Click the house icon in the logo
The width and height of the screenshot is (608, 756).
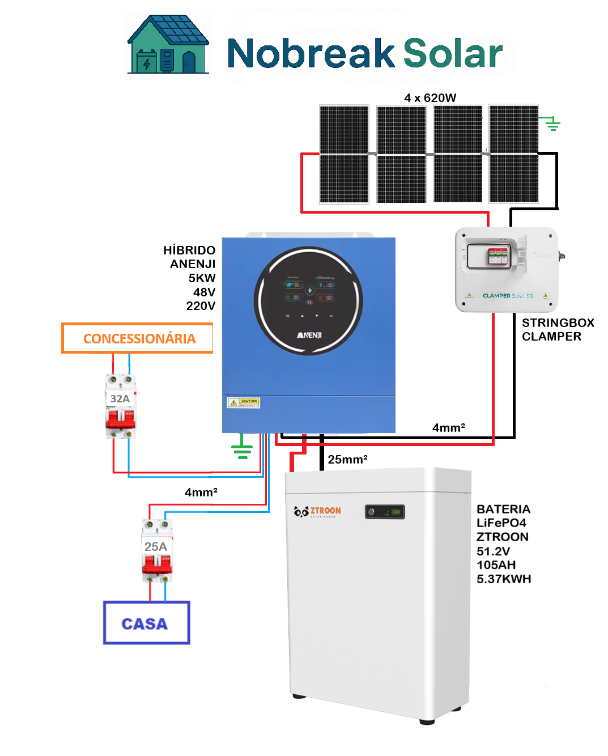pos(168,45)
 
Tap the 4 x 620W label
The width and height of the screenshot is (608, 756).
pos(430,97)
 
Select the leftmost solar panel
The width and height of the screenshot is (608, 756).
pos(344,154)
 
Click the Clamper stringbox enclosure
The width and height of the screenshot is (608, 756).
pos(507,269)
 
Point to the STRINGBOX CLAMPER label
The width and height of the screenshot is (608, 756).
pos(557,329)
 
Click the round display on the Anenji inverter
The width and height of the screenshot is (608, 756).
pos(308,300)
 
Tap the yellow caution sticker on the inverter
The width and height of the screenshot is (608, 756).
pos(244,402)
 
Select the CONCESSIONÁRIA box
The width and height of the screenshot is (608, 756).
pos(137,338)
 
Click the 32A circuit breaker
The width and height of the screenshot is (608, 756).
pos(121,406)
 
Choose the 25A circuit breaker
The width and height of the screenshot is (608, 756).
pos(156,551)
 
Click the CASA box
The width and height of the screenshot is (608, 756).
pos(146,623)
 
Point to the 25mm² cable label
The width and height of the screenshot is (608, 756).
pos(347,459)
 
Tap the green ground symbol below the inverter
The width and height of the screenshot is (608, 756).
pos(242,448)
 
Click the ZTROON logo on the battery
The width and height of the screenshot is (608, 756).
pos(318,511)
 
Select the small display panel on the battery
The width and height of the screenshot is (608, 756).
pos(385,512)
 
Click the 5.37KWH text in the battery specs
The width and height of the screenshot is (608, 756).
pos(504,579)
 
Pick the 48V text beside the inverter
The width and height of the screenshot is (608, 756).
pos(204,292)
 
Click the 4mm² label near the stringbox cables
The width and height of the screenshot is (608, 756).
pos(448,427)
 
